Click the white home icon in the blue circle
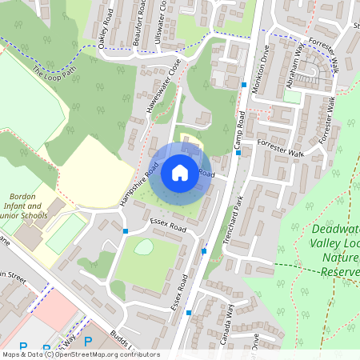click(180, 172)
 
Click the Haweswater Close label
click(154, 83)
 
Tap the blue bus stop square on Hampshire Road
click(126, 231)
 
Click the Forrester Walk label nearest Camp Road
click(281, 148)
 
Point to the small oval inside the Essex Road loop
click(143, 247)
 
